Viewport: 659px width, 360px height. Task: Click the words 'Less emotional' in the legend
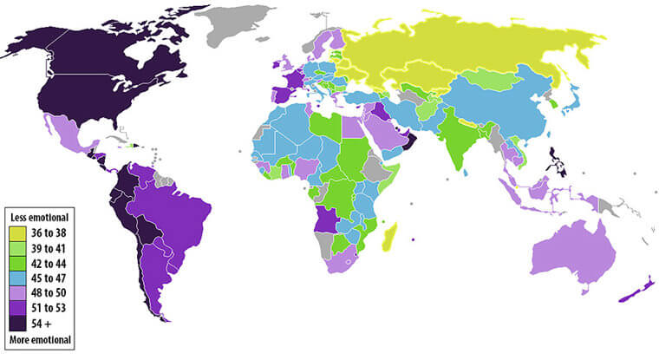pos(38,216)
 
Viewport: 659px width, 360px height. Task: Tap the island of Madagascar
pos(392,235)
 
